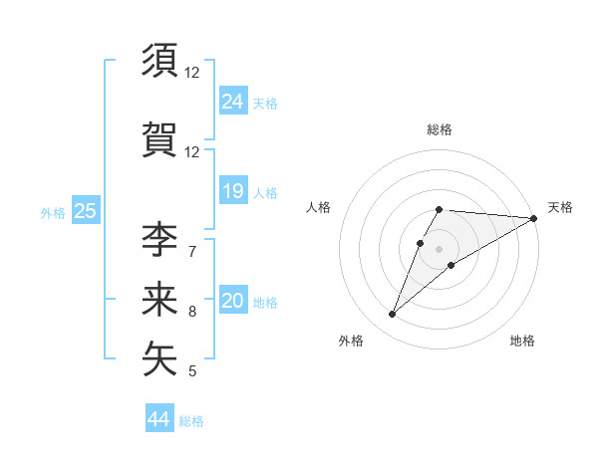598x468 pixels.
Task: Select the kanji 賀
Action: pos(160,138)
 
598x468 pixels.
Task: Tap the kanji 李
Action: pos(160,241)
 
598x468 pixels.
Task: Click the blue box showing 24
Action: pos(233,101)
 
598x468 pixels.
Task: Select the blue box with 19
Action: pos(233,191)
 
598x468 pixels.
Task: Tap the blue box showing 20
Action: pos(233,301)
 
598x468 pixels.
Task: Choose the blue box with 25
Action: pos(85,210)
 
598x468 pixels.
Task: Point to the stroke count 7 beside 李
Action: pos(192,251)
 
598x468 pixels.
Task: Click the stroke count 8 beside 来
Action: pos(192,312)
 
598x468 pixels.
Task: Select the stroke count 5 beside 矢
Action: pos(192,371)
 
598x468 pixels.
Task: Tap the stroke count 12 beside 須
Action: pos(192,73)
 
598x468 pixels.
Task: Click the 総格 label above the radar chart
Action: pos(440,129)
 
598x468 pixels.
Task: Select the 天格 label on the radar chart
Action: pos(560,207)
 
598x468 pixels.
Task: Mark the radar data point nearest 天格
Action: pos(534,218)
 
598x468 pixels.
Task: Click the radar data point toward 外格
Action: pos(393,315)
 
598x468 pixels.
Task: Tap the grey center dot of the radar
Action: pos(440,248)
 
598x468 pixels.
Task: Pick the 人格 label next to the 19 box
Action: pos(265,193)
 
